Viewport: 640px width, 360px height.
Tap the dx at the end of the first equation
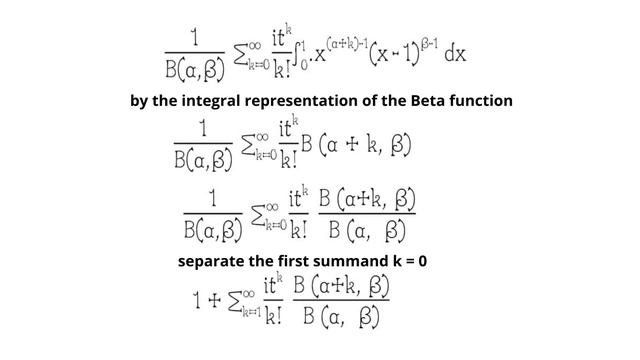click(x=455, y=54)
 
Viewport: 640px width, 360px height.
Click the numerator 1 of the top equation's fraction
click(x=194, y=36)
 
